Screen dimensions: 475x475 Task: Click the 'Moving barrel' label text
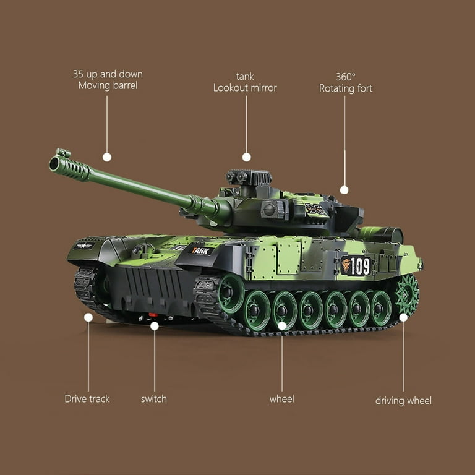(x=108, y=86)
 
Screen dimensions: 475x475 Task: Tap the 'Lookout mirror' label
(x=245, y=88)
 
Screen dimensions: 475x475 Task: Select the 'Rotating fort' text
(x=346, y=88)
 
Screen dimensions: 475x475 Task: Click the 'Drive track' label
(x=87, y=399)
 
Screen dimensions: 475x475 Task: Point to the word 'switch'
(x=154, y=399)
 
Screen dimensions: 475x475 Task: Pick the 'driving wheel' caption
(x=403, y=401)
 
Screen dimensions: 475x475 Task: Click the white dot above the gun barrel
(x=107, y=157)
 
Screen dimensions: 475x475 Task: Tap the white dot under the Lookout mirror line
(x=247, y=157)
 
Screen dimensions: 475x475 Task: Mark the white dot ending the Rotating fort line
(x=344, y=190)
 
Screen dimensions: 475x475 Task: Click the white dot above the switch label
(x=155, y=326)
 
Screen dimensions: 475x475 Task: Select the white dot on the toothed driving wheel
(x=403, y=317)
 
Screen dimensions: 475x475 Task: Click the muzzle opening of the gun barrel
(x=54, y=163)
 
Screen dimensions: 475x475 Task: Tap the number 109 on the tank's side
(x=361, y=267)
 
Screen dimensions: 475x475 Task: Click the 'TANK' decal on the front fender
(x=200, y=251)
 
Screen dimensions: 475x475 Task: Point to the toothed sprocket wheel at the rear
(x=406, y=294)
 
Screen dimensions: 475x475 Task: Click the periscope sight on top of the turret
(x=249, y=178)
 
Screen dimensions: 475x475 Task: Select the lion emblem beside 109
(x=346, y=265)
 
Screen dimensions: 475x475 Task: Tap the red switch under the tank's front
(x=153, y=315)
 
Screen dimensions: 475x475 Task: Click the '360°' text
(x=346, y=77)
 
